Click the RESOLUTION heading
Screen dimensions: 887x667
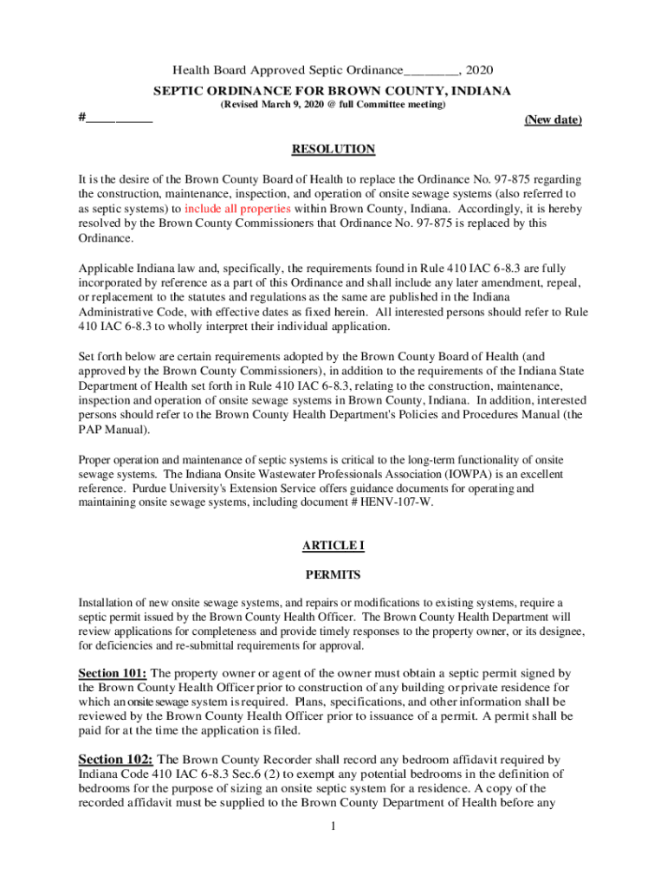coord(333,149)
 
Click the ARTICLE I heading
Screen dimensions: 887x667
coord(333,545)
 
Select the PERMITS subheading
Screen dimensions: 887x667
coord(333,574)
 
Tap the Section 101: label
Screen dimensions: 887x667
coord(112,673)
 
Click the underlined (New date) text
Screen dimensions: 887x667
coord(553,120)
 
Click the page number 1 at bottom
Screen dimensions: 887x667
coord(333,826)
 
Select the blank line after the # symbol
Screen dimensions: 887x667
coord(120,118)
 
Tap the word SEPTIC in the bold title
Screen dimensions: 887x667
coord(177,90)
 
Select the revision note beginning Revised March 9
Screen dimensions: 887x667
coord(333,105)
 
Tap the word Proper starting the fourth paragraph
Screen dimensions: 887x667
coord(96,461)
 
